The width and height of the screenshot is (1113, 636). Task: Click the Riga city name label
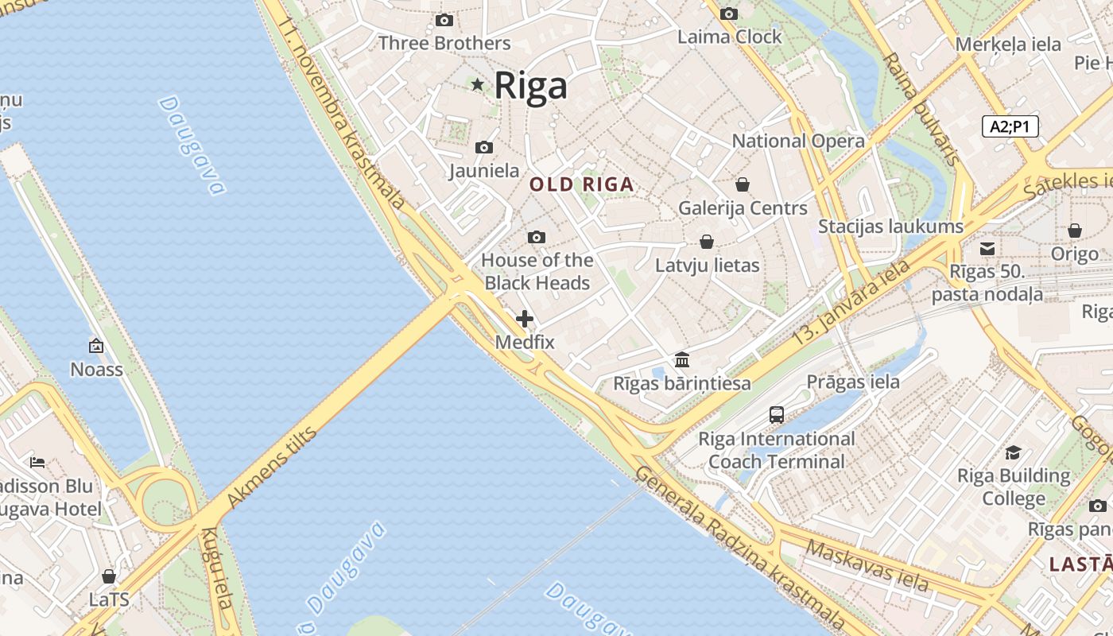(x=530, y=86)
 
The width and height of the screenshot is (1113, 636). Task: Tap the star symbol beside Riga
(x=477, y=84)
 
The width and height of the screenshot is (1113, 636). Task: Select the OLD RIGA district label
(x=582, y=184)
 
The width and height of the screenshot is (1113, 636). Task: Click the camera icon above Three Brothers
(x=444, y=20)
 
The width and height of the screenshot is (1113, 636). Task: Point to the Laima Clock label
(x=729, y=37)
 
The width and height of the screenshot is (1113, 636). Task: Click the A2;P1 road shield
(x=1010, y=126)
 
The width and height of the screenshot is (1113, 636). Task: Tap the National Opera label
(x=797, y=141)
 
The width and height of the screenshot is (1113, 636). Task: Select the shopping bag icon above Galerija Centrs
(x=743, y=184)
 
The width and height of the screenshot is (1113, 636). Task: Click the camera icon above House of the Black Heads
(x=537, y=237)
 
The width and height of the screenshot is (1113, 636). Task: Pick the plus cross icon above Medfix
(x=525, y=319)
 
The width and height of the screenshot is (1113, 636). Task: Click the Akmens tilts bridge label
(x=272, y=467)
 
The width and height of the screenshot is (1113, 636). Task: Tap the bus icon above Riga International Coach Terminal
(x=777, y=414)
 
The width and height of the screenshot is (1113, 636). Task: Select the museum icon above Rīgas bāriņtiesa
(x=681, y=359)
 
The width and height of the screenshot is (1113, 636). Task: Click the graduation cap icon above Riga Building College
(x=1013, y=452)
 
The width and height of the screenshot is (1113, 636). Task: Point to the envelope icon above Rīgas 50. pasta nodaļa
(x=987, y=249)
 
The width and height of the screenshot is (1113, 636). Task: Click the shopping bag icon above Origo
(x=1075, y=231)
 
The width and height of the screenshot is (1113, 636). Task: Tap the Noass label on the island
(x=96, y=369)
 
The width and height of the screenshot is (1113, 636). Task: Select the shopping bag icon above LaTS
(x=109, y=576)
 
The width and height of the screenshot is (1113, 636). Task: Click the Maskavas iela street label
(x=867, y=565)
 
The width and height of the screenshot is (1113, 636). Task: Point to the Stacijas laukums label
(x=890, y=227)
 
